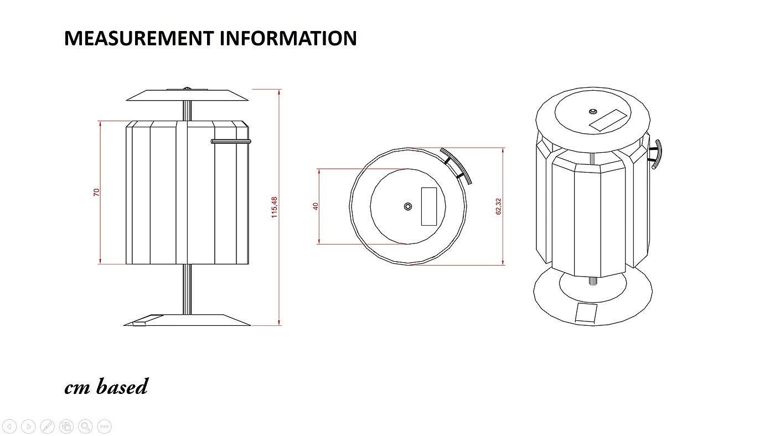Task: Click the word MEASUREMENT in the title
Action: click(138, 38)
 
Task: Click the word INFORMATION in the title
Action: click(288, 38)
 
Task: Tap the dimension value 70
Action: click(97, 193)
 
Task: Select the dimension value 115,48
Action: click(274, 207)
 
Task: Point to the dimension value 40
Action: click(316, 206)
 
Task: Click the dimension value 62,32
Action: click(498, 206)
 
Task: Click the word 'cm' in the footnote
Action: click(78, 387)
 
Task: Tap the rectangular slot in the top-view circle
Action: click(429, 206)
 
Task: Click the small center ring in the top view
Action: click(409, 207)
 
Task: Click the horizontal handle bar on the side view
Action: click(231, 142)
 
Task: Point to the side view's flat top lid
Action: click(187, 95)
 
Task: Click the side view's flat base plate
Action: click(187, 320)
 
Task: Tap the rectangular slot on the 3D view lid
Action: click(607, 121)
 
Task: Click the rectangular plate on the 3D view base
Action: click(586, 313)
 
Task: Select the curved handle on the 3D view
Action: click(657, 154)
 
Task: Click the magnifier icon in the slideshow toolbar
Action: click(85, 426)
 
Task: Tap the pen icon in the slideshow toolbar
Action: click(48, 426)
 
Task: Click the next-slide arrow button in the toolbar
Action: click(28, 426)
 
